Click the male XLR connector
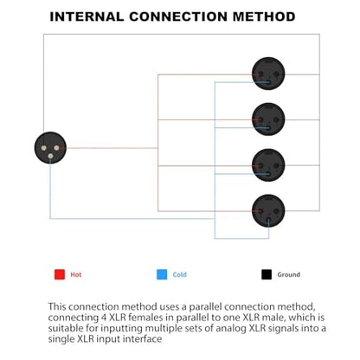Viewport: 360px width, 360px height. pos(50,148)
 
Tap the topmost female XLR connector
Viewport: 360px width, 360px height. pos(268,74)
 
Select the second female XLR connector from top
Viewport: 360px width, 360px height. pos(268,119)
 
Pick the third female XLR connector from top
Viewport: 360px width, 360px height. pos(268,165)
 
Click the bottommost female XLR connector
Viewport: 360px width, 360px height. pos(268,210)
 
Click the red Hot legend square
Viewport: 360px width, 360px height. pos(60,274)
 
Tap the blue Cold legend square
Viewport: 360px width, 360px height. pos(162,274)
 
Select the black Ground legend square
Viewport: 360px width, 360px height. pos(267,274)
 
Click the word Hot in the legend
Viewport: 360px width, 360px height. pos(76,274)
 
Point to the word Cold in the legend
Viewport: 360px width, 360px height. pos(180,274)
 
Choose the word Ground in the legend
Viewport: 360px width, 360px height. pos(289,274)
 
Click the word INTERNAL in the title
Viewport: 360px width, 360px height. pos(87,16)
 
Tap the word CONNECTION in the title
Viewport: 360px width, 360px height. pos(178,16)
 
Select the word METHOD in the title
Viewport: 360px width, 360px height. pos(264,16)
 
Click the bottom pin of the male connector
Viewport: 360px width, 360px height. pos(50,156)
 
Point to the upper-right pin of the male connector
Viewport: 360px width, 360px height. pos(56,148)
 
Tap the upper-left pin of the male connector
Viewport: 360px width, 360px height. pos(43,148)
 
